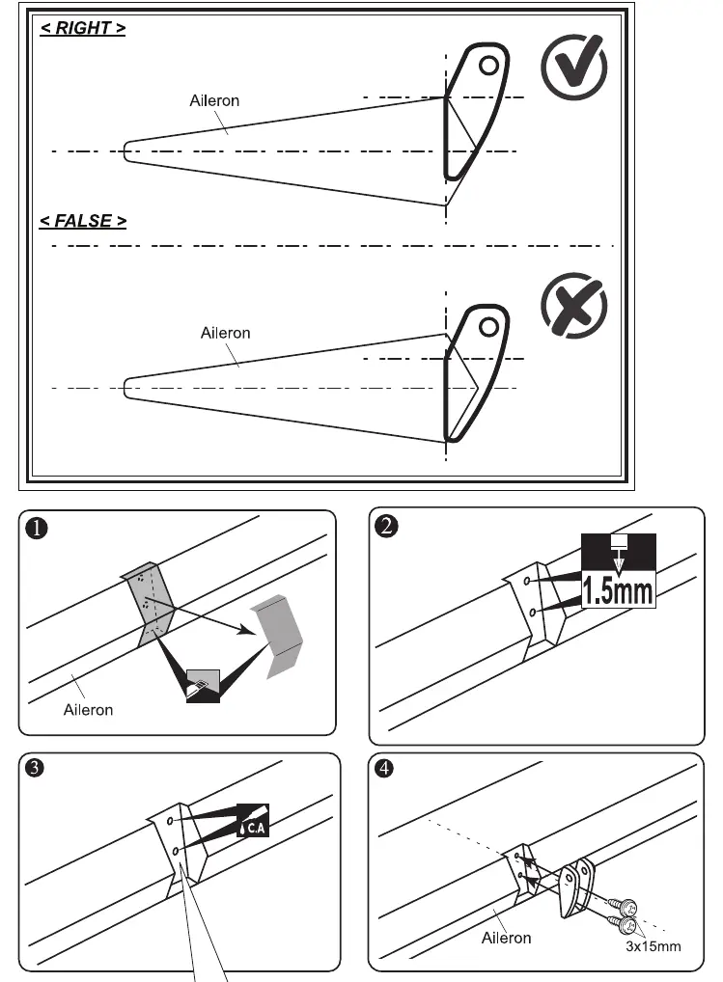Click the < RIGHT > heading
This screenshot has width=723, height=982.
tap(83, 28)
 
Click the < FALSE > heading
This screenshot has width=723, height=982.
tap(83, 221)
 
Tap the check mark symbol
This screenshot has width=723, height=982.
tap(574, 67)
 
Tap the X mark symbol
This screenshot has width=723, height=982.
tap(574, 306)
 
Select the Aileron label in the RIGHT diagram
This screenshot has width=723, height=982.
tap(214, 101)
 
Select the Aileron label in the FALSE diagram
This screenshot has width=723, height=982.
tap(226, 333)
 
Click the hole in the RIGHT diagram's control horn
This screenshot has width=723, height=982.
tap(488, 66)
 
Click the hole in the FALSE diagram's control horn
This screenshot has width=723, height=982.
tap(488, 327)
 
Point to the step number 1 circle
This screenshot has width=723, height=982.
tap(37, 529)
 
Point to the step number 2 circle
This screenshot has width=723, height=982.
tap(386, 526)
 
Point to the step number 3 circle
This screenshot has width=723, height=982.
tap(35, 768)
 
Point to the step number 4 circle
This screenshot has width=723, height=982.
tap(384, 768)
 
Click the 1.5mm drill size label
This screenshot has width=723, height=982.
tap(619, 590)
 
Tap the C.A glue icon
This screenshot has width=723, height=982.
tap(253, 820)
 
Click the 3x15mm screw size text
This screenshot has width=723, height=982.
tap(653, 946)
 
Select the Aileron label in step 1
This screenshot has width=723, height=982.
tap(89, 710)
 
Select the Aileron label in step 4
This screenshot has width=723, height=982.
tap(506, 939)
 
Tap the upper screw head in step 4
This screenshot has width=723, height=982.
tap(628, 906)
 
